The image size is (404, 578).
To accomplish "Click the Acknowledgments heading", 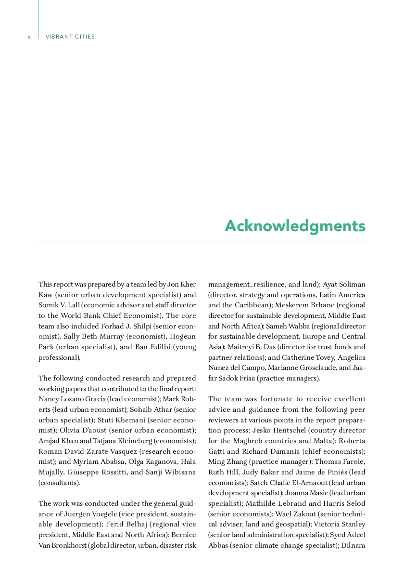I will pyautogui.click(x=295, y=226).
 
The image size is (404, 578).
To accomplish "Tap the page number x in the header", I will pyautogui.click(x=29, y=37).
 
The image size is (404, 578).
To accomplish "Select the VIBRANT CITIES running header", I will pyautogui.click(x=70, y=37).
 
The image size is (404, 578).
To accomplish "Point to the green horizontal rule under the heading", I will pyautogui.click(x=202, y=241).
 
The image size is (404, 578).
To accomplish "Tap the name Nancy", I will pyautogui.click(x=49, y=399).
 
